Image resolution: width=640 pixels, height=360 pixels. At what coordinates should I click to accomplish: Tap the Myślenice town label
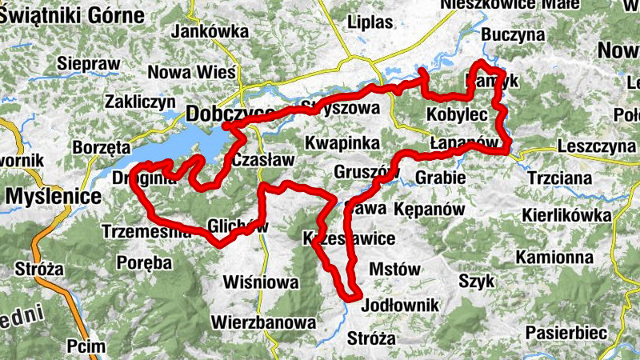(x=54, y=195)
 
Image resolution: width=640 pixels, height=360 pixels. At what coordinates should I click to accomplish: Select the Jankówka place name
(x=210, y=32)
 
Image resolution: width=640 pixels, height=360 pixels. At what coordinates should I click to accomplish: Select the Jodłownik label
(x=401, y=306)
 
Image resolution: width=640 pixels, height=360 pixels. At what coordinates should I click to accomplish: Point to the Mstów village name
(x=395, y=269)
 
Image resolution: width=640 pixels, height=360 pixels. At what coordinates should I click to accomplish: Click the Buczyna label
(x=513, y=35)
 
